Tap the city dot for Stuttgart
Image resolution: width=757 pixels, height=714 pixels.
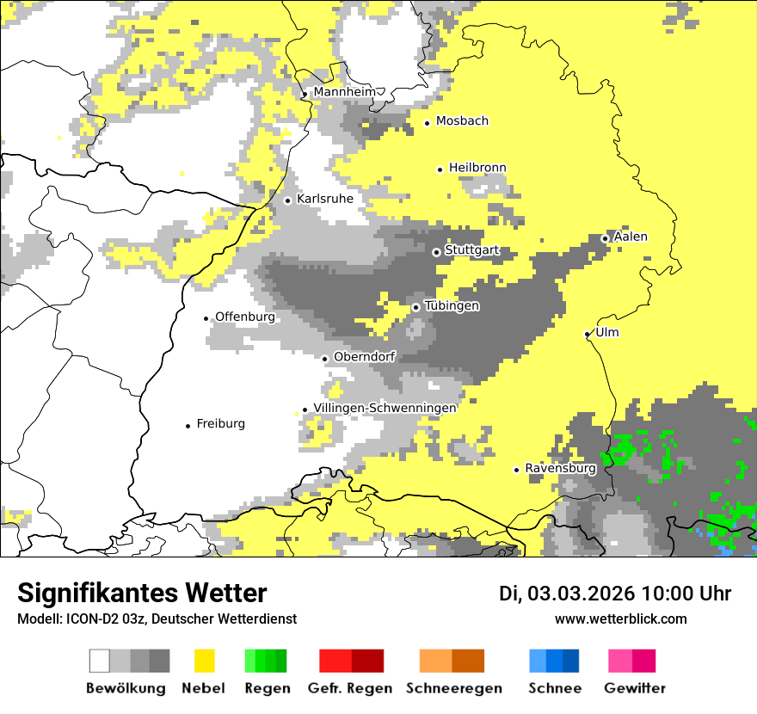[436, 252]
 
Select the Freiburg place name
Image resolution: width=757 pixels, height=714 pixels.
[220, 424]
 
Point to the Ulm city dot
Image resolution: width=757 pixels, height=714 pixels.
[587, 334]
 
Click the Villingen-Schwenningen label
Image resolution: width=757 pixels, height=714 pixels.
[385, 408]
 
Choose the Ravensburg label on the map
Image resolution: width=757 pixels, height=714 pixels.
[560, 469]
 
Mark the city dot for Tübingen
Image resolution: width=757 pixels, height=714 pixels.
[416, 307]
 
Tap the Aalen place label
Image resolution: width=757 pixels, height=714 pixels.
[631, 237]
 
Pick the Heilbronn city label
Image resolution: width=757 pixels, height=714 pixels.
[477, 168]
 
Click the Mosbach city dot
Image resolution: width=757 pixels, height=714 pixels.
[428, 123]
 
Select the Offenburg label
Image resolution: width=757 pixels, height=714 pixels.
[245, 317]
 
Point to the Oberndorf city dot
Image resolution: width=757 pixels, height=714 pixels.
[325, 359]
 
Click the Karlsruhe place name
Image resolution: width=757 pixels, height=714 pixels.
[324, 199]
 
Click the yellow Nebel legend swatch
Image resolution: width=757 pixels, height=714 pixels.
[205, 661]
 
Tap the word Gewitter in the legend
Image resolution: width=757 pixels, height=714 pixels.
[634, 688]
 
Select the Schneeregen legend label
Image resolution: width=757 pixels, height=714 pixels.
[453, 688]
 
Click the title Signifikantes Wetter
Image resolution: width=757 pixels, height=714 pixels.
[142, 593]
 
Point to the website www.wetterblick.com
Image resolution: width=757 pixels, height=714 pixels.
[620, 619]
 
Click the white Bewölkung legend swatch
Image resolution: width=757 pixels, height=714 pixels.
[100, 661]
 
